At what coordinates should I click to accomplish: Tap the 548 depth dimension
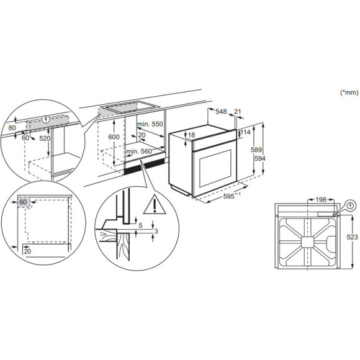[221, 112]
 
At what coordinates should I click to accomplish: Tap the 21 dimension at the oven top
[238, 112]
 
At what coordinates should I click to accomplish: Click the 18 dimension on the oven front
[192, 135]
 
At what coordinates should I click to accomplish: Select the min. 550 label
[150, 124]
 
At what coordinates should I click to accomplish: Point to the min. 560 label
[138, 151]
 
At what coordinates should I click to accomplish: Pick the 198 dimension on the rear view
[320, 199]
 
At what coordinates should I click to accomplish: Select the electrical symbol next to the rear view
[351, 205]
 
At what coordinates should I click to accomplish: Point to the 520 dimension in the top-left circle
[45, 138]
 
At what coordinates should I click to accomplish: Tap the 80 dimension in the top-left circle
[12, 128]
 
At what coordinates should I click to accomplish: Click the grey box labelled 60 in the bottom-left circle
[23, 202]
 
